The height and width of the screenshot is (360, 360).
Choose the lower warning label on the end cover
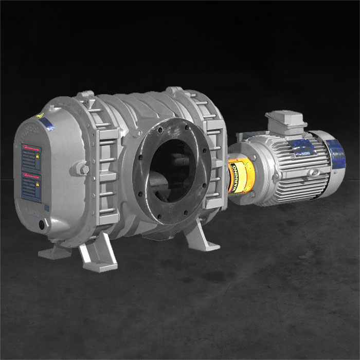[x=31, y=186]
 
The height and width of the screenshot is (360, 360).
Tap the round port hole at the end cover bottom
[x=42, y=225]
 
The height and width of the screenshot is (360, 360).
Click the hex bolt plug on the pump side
[x=81, y=168]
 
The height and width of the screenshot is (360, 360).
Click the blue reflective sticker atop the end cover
[x=48, y=123]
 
